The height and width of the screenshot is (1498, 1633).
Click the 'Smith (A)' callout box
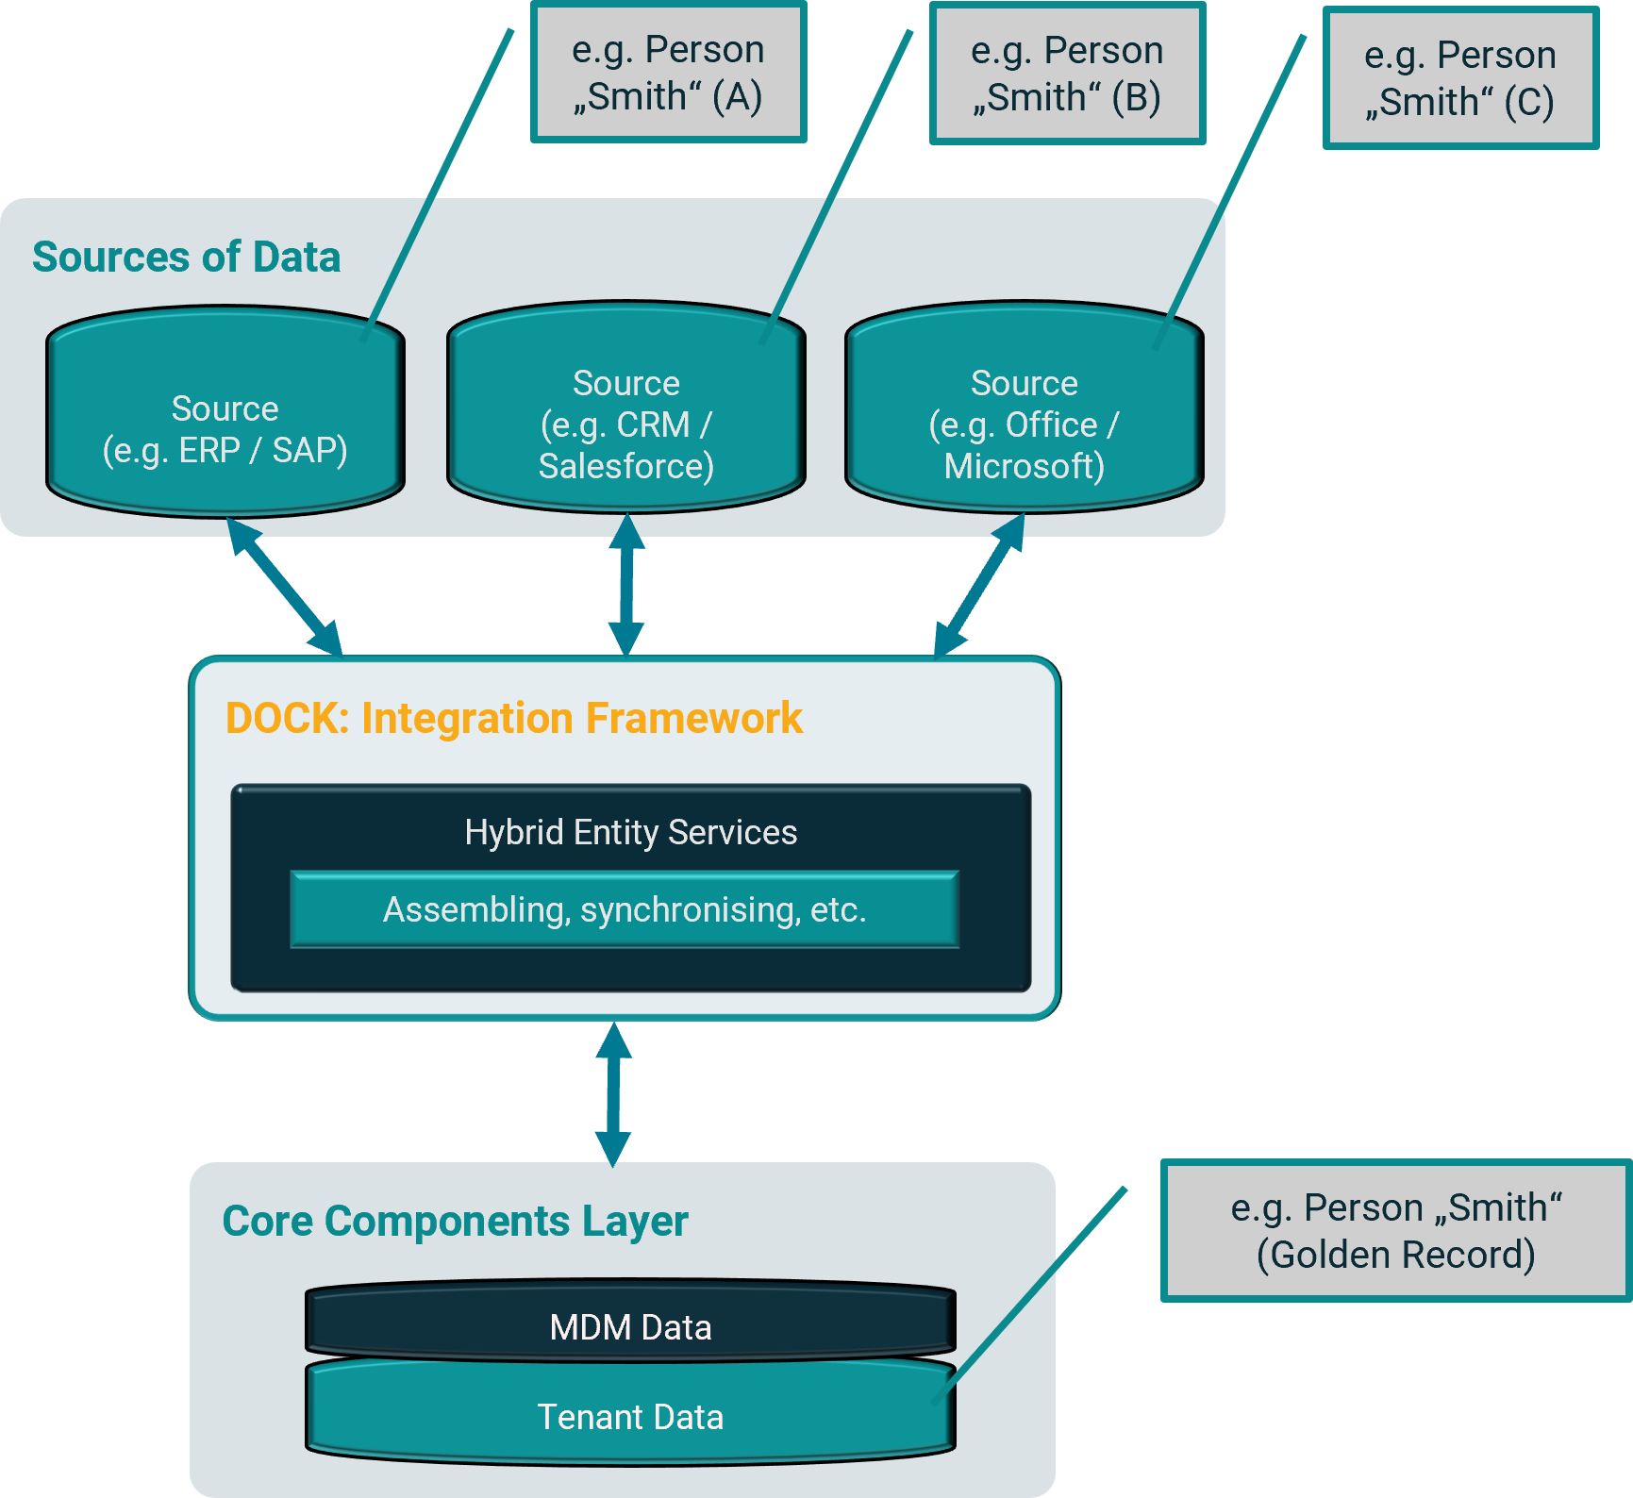click(668, 73)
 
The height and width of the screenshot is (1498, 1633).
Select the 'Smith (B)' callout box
click(1067, 74)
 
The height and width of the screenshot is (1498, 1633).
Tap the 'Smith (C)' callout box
click(1459, 78)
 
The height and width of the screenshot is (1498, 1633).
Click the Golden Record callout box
click(1395, 1231)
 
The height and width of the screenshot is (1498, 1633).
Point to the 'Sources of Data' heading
click(186, 257)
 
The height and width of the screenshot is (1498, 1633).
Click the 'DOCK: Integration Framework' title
click(513, 718)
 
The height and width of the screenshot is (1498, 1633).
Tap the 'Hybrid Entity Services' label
click(630, 832)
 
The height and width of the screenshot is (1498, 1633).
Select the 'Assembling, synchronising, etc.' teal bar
click(625, 909)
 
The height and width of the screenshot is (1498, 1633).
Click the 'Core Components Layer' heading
click(455, 1221)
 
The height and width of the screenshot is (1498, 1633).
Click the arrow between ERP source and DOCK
click(284, 586)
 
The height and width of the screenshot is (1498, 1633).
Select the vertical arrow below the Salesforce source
click(626, 585)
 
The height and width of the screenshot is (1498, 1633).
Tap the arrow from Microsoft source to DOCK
click(979, 585)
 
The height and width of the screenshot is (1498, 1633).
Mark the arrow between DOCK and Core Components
click(613, 1094)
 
